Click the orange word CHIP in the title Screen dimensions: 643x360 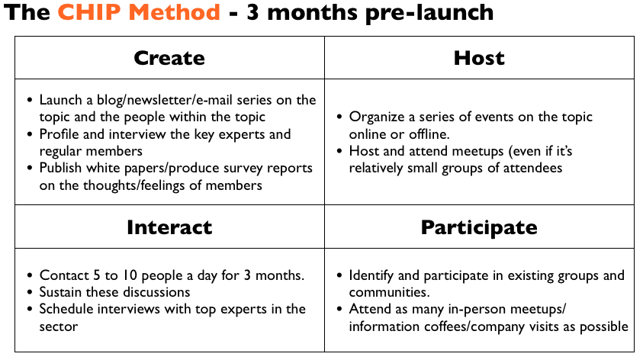90,12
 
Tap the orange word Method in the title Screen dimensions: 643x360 174,12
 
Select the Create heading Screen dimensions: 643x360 169,58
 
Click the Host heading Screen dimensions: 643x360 479,58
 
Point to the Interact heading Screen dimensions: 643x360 169,227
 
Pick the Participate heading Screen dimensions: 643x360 479,228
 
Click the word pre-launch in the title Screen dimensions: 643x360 429,13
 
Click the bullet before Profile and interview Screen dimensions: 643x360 30,134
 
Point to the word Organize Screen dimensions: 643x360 377,117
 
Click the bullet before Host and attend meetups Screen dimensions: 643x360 339,151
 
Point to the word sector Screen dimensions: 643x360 59,326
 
